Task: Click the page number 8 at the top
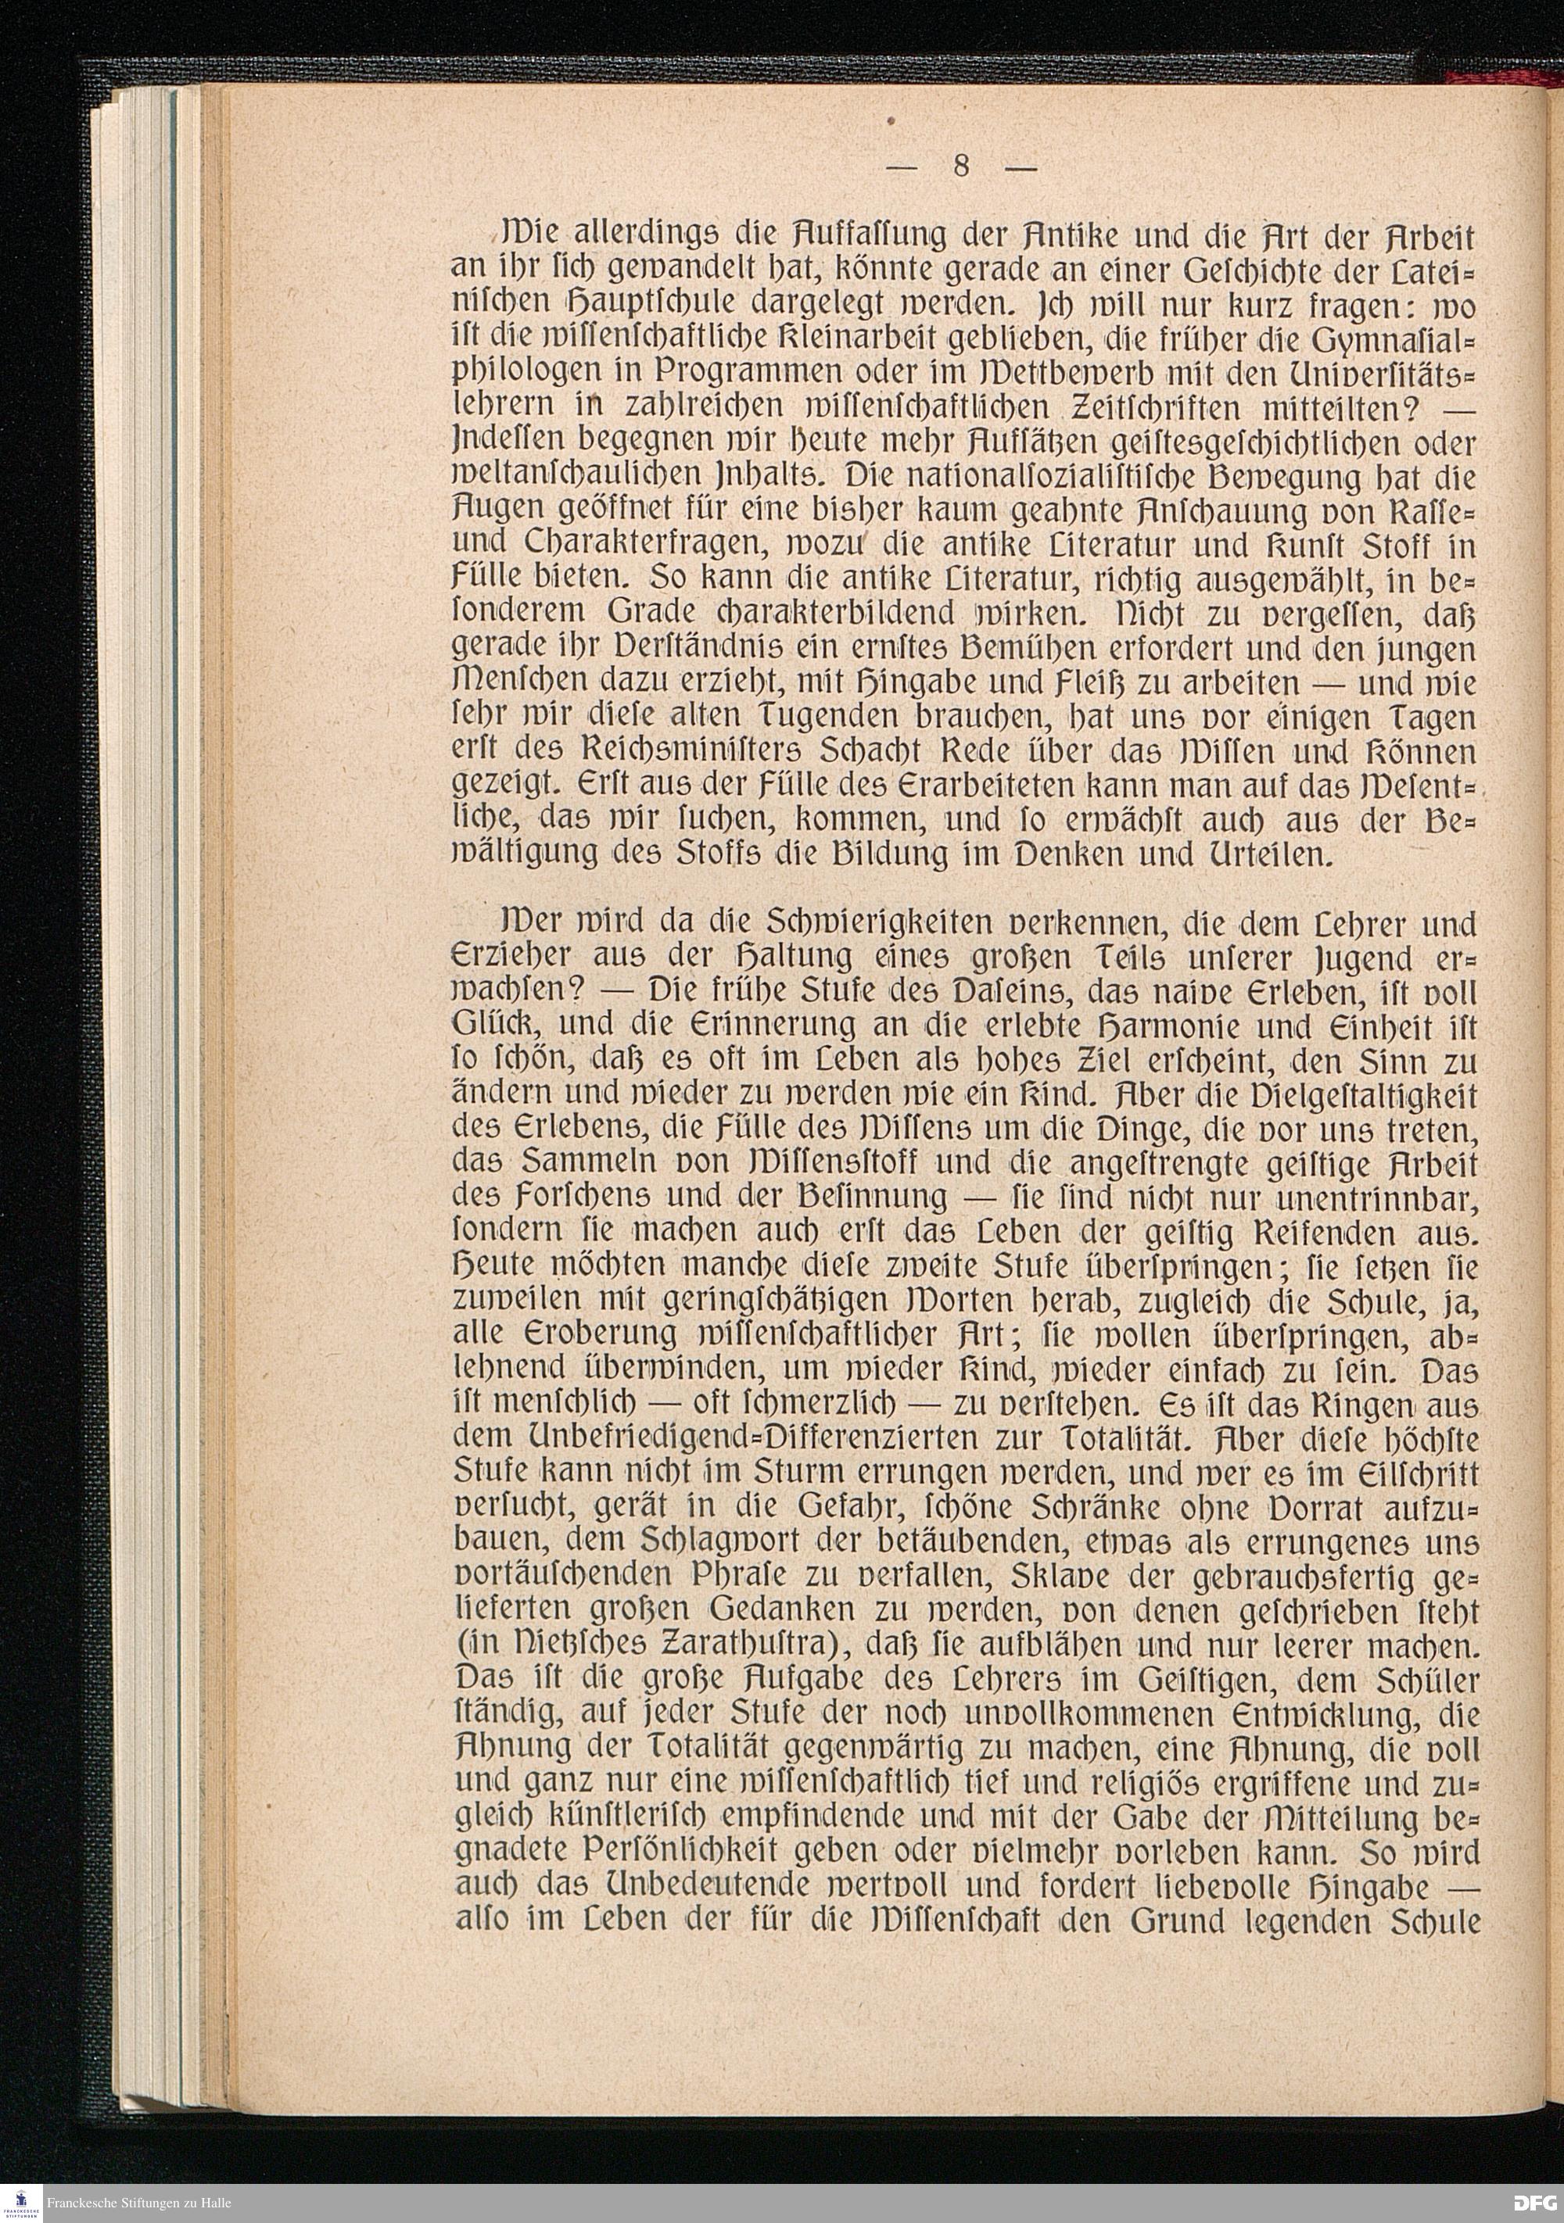pos(960,167)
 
